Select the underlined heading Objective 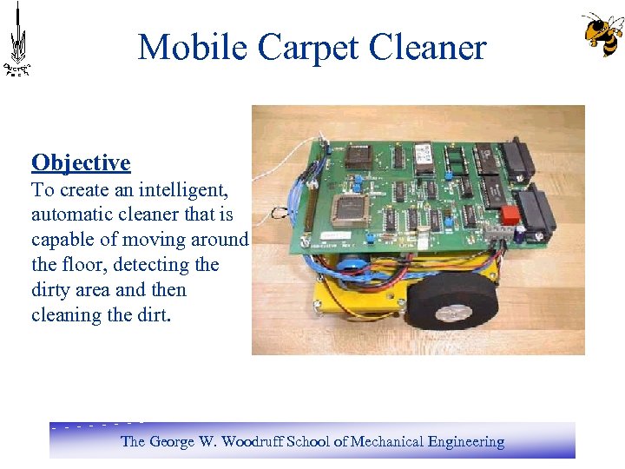81,162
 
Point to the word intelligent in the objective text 178,189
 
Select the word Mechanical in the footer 385,441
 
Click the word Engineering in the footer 466,441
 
